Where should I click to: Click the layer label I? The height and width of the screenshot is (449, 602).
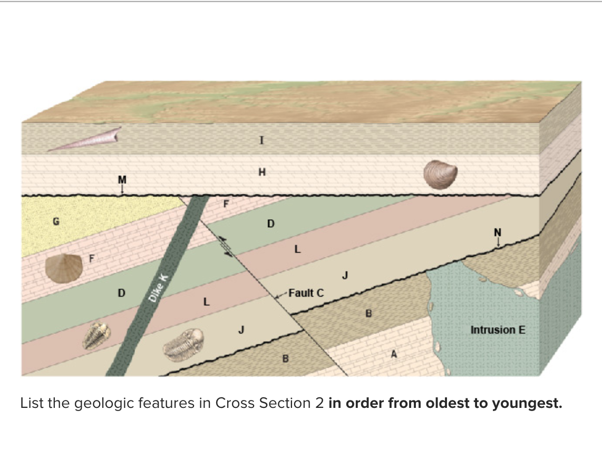[261, 140]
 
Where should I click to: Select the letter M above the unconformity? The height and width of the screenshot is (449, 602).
[122, 179]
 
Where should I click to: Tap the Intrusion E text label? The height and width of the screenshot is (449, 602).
[498, 330]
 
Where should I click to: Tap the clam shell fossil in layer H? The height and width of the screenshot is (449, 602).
[441, 173]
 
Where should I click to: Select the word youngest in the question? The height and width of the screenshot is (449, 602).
[521, 404]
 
